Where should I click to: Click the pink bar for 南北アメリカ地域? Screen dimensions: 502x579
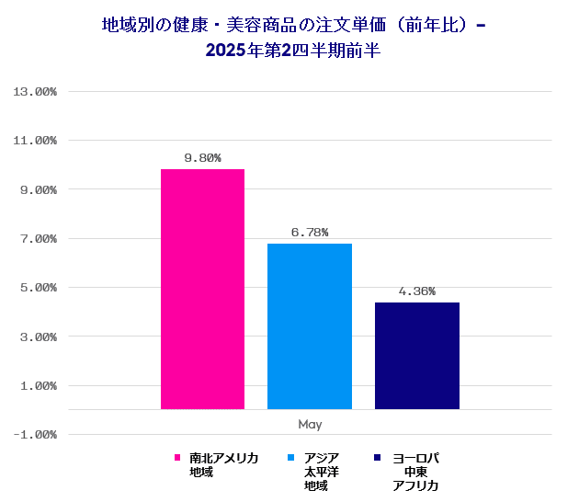[x=202, y=289]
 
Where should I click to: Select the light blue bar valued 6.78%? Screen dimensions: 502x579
[x=310, y=326]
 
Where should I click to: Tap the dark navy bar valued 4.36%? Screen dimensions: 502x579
[x=416, y=356]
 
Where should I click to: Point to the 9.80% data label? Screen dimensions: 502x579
[x=202, y=158]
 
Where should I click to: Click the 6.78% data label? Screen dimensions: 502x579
[x=310, y=233]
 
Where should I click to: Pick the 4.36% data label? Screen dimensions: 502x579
[x=416, y=291]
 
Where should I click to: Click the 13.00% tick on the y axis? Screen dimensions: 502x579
[x=35, y=92]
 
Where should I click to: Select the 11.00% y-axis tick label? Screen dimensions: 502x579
[x=35, y=141]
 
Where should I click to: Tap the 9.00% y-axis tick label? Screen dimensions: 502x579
[x=38, y=189]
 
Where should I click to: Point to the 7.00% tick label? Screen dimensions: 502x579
[x=38, y=239]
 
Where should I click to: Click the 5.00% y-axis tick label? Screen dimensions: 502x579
[x=38, y=288]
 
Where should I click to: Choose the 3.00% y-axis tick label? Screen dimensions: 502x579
[x=38, y=337]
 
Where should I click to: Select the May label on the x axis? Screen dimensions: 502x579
[x=310, y=424]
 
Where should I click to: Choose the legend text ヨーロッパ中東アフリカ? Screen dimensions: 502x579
[x=415, y=472]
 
